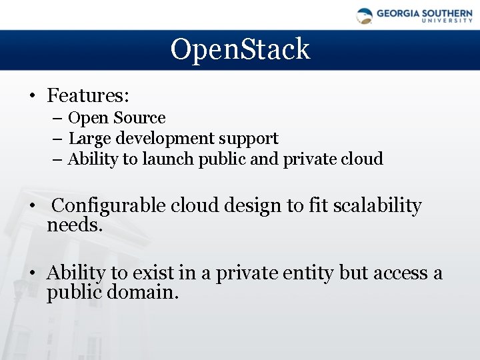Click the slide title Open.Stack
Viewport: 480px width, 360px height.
[240, 49]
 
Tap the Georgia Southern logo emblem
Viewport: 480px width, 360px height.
[365, 16]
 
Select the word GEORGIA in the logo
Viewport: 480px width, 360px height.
[398, 13]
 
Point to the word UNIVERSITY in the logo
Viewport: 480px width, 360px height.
[447, 21]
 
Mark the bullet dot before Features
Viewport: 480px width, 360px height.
[32, 96]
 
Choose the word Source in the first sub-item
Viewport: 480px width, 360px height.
[139, 118]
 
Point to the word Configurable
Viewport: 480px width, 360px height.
[109, 206]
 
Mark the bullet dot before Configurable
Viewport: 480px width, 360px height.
[32, 207]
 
